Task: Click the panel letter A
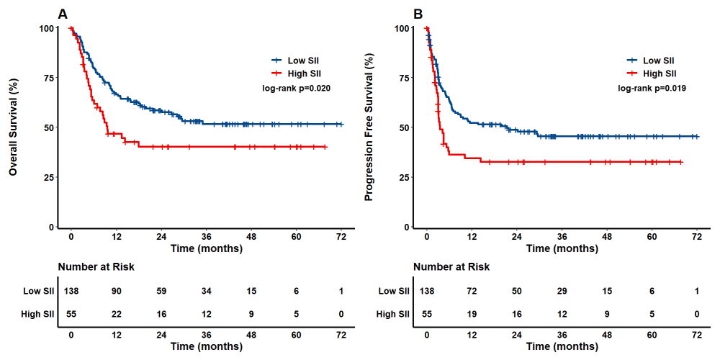(x=63, y=14)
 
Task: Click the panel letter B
(x=418, y=14)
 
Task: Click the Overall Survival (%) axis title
(x=14, y=128)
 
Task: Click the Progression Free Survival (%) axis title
(x=369, y=128)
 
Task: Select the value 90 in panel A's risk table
(x=117, y=291)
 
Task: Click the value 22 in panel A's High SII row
(x=117, y=314)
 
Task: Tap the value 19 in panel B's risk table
(x=472, y=314)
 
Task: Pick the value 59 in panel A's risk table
(x=161, y=291)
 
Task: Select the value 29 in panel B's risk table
(x=562, y=291)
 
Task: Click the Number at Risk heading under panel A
(x=96, y=267)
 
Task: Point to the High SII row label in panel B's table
(x=393, y=314)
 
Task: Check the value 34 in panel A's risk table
(x=206, y=291)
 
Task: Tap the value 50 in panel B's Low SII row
(x=517, y=291)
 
